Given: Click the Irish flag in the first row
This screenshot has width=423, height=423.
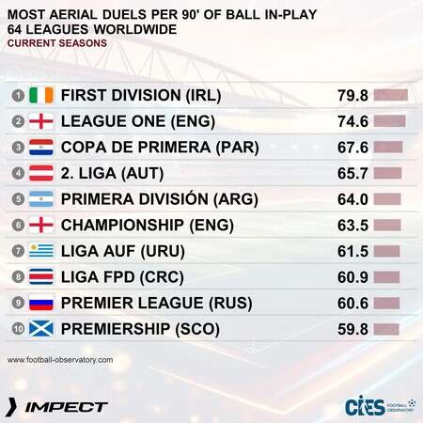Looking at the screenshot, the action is coord(41,95).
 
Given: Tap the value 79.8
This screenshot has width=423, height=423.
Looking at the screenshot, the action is coord(352,96).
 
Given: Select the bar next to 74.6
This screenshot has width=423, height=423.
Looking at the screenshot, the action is coord(390,121).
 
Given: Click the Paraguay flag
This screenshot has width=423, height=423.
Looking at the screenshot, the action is coord(41,148).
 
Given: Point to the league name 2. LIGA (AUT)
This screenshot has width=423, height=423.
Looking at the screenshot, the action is coord(112,173).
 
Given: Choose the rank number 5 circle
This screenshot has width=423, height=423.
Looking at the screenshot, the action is coord(18,199).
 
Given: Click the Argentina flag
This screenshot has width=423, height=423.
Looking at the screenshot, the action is coord(41,199).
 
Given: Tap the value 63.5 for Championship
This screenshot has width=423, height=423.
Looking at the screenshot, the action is coord(352,226).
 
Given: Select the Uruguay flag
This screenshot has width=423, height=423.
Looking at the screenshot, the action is coord(41,251).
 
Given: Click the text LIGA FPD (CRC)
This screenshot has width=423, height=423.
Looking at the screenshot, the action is coord(122,277).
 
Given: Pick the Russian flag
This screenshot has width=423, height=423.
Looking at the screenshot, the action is coord(41,303).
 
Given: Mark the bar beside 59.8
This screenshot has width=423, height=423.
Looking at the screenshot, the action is coord(386,329).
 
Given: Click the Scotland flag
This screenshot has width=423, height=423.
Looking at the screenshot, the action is coord(41,329).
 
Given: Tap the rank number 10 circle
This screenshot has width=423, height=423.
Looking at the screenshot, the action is coord(18,329).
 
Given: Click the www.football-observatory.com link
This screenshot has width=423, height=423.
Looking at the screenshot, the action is coord(60,360).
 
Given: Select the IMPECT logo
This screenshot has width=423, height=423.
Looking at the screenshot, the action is coord(57,407).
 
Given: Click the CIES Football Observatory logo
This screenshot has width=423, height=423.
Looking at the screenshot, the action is coord(381,405).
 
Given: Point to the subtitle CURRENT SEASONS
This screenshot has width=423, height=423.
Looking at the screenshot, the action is coord(57,43).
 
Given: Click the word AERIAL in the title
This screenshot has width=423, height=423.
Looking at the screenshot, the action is coord(73,15).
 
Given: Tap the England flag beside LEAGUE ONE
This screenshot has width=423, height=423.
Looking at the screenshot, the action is coord(41,121).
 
